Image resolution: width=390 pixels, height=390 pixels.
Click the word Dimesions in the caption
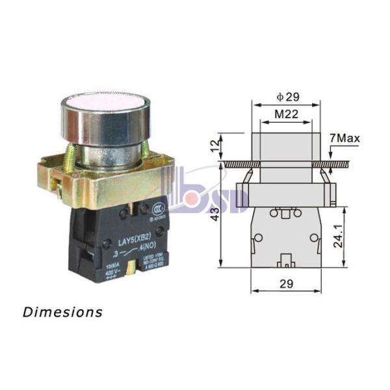coord(62,312)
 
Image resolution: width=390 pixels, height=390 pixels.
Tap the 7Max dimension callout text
coord(344,138)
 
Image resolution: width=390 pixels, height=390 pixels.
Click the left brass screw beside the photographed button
coord(69,156)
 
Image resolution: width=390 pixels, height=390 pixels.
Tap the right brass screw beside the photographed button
coord(144,153)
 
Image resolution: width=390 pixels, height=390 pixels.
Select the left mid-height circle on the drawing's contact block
coord(258,239)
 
